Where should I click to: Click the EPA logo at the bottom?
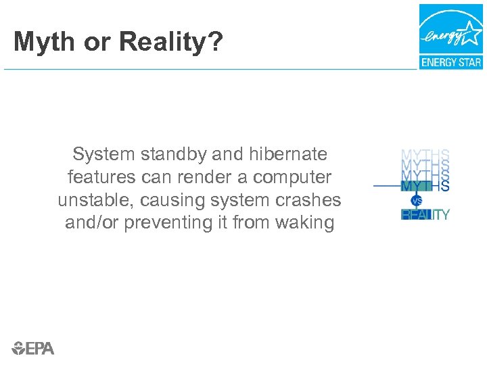33,347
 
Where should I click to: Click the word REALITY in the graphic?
425,215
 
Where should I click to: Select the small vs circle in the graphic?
417,201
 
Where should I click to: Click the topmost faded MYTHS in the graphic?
425,155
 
